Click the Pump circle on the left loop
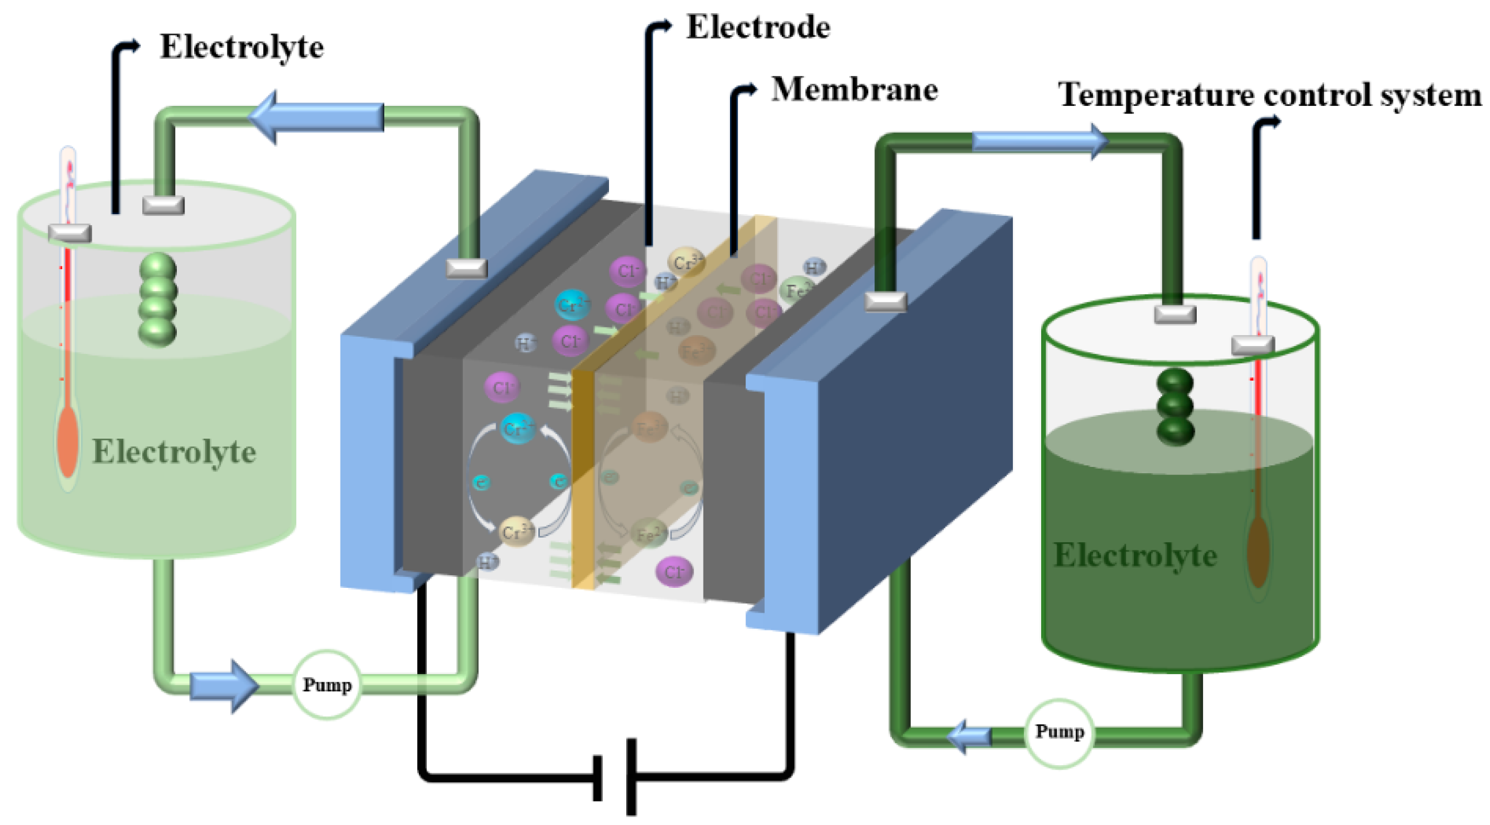tap(327, 685)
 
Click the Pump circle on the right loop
tap(1059, 732)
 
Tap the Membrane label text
tap(854, 90)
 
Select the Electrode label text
tap(758, 28)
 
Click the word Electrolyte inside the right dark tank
tap(1135, 556)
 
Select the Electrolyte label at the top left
tap(241, 47)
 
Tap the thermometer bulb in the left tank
tap(67, 442)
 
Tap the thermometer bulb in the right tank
tap(1258, 552)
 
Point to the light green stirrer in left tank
tap(157, 299)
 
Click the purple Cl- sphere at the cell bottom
tap(674, 572)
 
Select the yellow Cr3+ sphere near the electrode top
tap(686, 262)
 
